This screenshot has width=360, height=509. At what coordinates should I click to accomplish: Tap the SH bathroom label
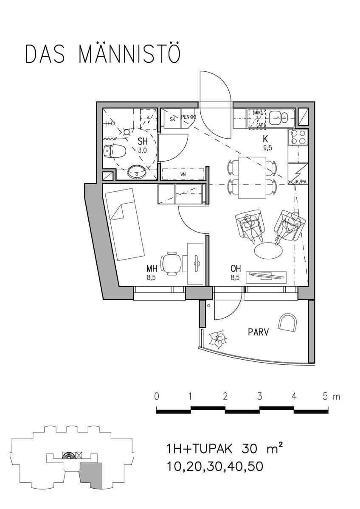point(143,142)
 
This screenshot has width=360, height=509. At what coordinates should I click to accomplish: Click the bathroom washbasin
point(137,172)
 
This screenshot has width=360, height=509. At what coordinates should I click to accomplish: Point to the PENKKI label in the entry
point(188,117)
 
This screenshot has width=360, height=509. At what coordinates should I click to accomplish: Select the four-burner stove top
point(298,137)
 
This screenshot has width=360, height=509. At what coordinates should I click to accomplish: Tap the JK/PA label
point(300,182)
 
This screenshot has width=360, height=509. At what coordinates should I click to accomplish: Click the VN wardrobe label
point(183,175)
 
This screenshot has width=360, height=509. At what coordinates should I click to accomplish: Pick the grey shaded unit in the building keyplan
point(91,475)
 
